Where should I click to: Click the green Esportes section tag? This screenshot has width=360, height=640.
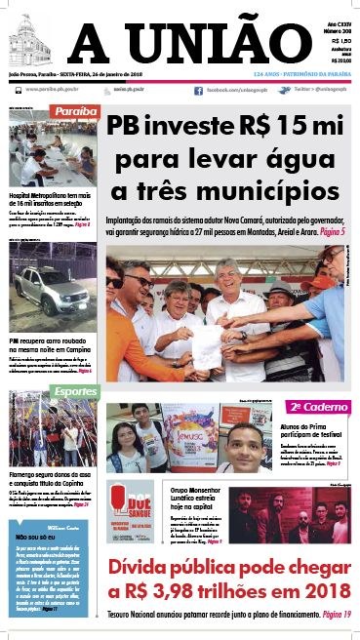(101, 391)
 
